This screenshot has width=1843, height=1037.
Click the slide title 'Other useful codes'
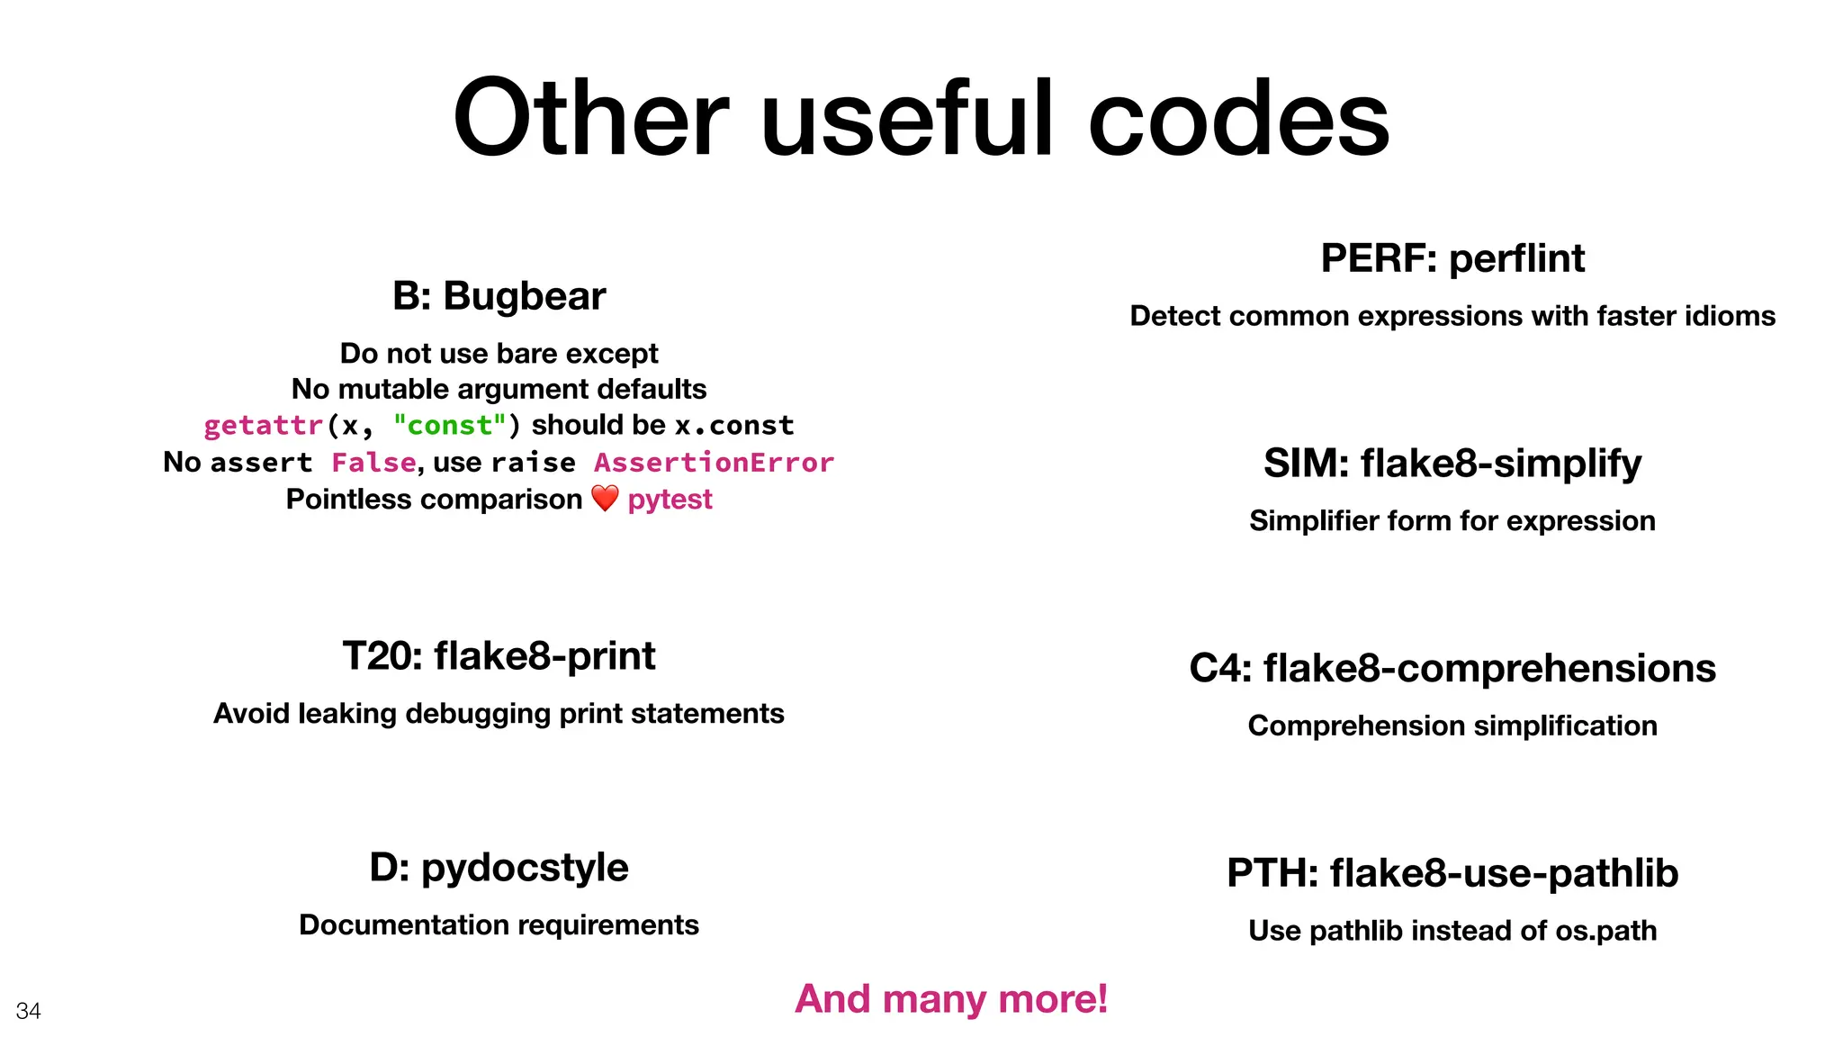point(921,118)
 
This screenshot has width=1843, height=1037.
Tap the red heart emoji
point(605,498)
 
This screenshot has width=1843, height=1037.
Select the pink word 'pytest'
point(670,499)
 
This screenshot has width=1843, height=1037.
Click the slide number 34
point(29,1011)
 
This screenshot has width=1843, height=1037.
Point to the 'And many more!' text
point(951,998)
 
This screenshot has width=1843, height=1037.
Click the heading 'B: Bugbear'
point(499,296)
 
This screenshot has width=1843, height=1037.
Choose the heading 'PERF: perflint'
point(1452,258)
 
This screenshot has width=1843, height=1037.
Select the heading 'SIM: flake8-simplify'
point(1452,464)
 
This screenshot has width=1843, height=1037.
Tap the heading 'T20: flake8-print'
point(499,656)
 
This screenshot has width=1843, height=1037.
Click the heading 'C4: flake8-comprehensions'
point(1452,669)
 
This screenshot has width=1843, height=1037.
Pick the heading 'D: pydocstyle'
point(499,868)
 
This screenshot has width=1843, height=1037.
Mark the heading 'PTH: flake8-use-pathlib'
point(1452,873)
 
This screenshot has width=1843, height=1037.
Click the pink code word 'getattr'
point(263,425)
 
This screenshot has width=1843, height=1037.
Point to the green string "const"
point(450,425)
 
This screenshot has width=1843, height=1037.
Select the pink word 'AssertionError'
point(714,463)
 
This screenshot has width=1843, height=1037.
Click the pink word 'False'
point(373,463)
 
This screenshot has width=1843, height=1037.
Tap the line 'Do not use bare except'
point(499,353)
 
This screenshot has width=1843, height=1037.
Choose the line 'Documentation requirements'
point(499,924)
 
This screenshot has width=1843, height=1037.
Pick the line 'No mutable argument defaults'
point(499,389)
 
